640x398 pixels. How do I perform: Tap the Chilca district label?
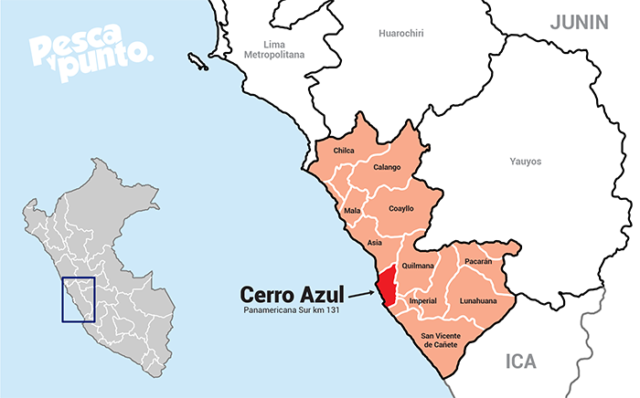point(344,151)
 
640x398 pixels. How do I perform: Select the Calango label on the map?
point(388,168)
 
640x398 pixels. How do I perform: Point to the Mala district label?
point(352,211)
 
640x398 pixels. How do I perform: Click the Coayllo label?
point(401,208)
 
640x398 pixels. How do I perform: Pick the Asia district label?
point(374,243)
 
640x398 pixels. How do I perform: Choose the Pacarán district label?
point(477,261)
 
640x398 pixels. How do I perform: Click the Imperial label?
point(422,300)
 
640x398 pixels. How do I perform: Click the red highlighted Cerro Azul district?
point(388,286)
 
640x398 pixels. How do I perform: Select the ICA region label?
point(521,361)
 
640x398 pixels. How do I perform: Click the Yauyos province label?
point(525,162)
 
